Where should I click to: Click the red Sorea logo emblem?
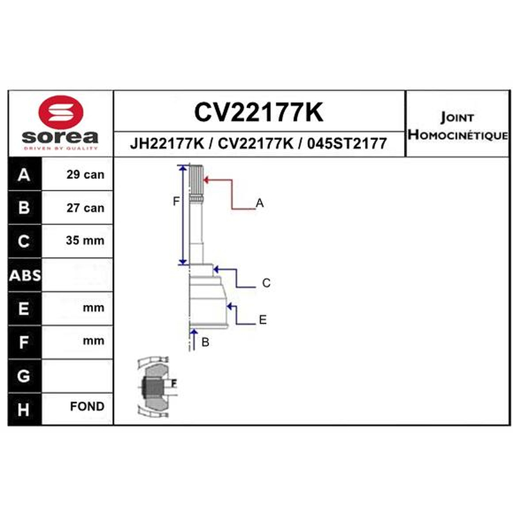click(61, 112)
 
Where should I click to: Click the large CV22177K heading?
click(259, 112)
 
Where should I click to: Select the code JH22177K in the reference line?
click(167, 144)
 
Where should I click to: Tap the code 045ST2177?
click(347, 144)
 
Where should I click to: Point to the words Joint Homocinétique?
click(457, 126)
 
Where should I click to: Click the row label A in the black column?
click(24, 174)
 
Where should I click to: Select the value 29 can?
click(85, 174)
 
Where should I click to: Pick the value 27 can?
click(85, 208)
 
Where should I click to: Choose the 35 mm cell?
click(85, 240)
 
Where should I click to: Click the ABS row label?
click(25, 276)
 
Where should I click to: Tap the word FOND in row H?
click(87, 407)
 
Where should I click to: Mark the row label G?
click(24, 376)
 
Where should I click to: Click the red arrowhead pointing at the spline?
click(206, 180)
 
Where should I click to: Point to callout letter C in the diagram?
click(266, 283)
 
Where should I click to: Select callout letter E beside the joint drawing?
click(263, 319)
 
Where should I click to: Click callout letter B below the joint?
click(205, 342)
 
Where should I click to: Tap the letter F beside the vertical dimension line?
click(176, 201)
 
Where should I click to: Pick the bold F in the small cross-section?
click(174, 383)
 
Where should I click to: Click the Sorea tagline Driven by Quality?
click(61, 148)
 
